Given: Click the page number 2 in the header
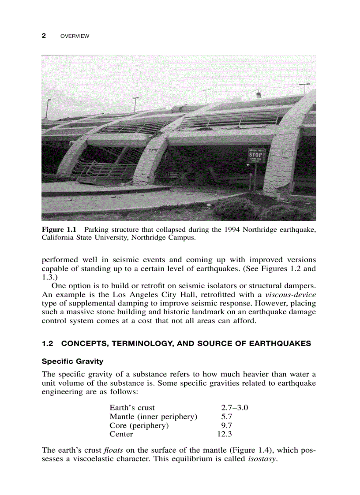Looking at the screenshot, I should pyautogui.click(x=44, y=36).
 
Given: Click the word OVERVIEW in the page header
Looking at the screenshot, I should pyautogui.click(x=74, y=36).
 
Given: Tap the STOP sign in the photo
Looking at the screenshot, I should pyautogui.click(x=255, y=156).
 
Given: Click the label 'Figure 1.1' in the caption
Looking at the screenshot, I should pyautogui.click(x=59, y=230).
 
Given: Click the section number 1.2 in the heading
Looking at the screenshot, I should pyautogui.click(x=47, y=343).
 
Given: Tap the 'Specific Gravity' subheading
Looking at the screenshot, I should pyautogui.click(x=72, y=361).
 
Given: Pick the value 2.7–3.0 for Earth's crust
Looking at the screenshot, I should pyautogui.click(x=234, y=408).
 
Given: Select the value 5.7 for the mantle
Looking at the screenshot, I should pyautogui.click(x=226, y=417).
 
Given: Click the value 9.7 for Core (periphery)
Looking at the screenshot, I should pyautogui.click(x=226, y=425).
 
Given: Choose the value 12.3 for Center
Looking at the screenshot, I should pyautogui.click(x=224, y=434).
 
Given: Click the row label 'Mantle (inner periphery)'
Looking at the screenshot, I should pyautogui.click(x=153, y=417).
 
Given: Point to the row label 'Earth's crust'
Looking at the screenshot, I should pyautogui.click(x=132, y=408).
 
